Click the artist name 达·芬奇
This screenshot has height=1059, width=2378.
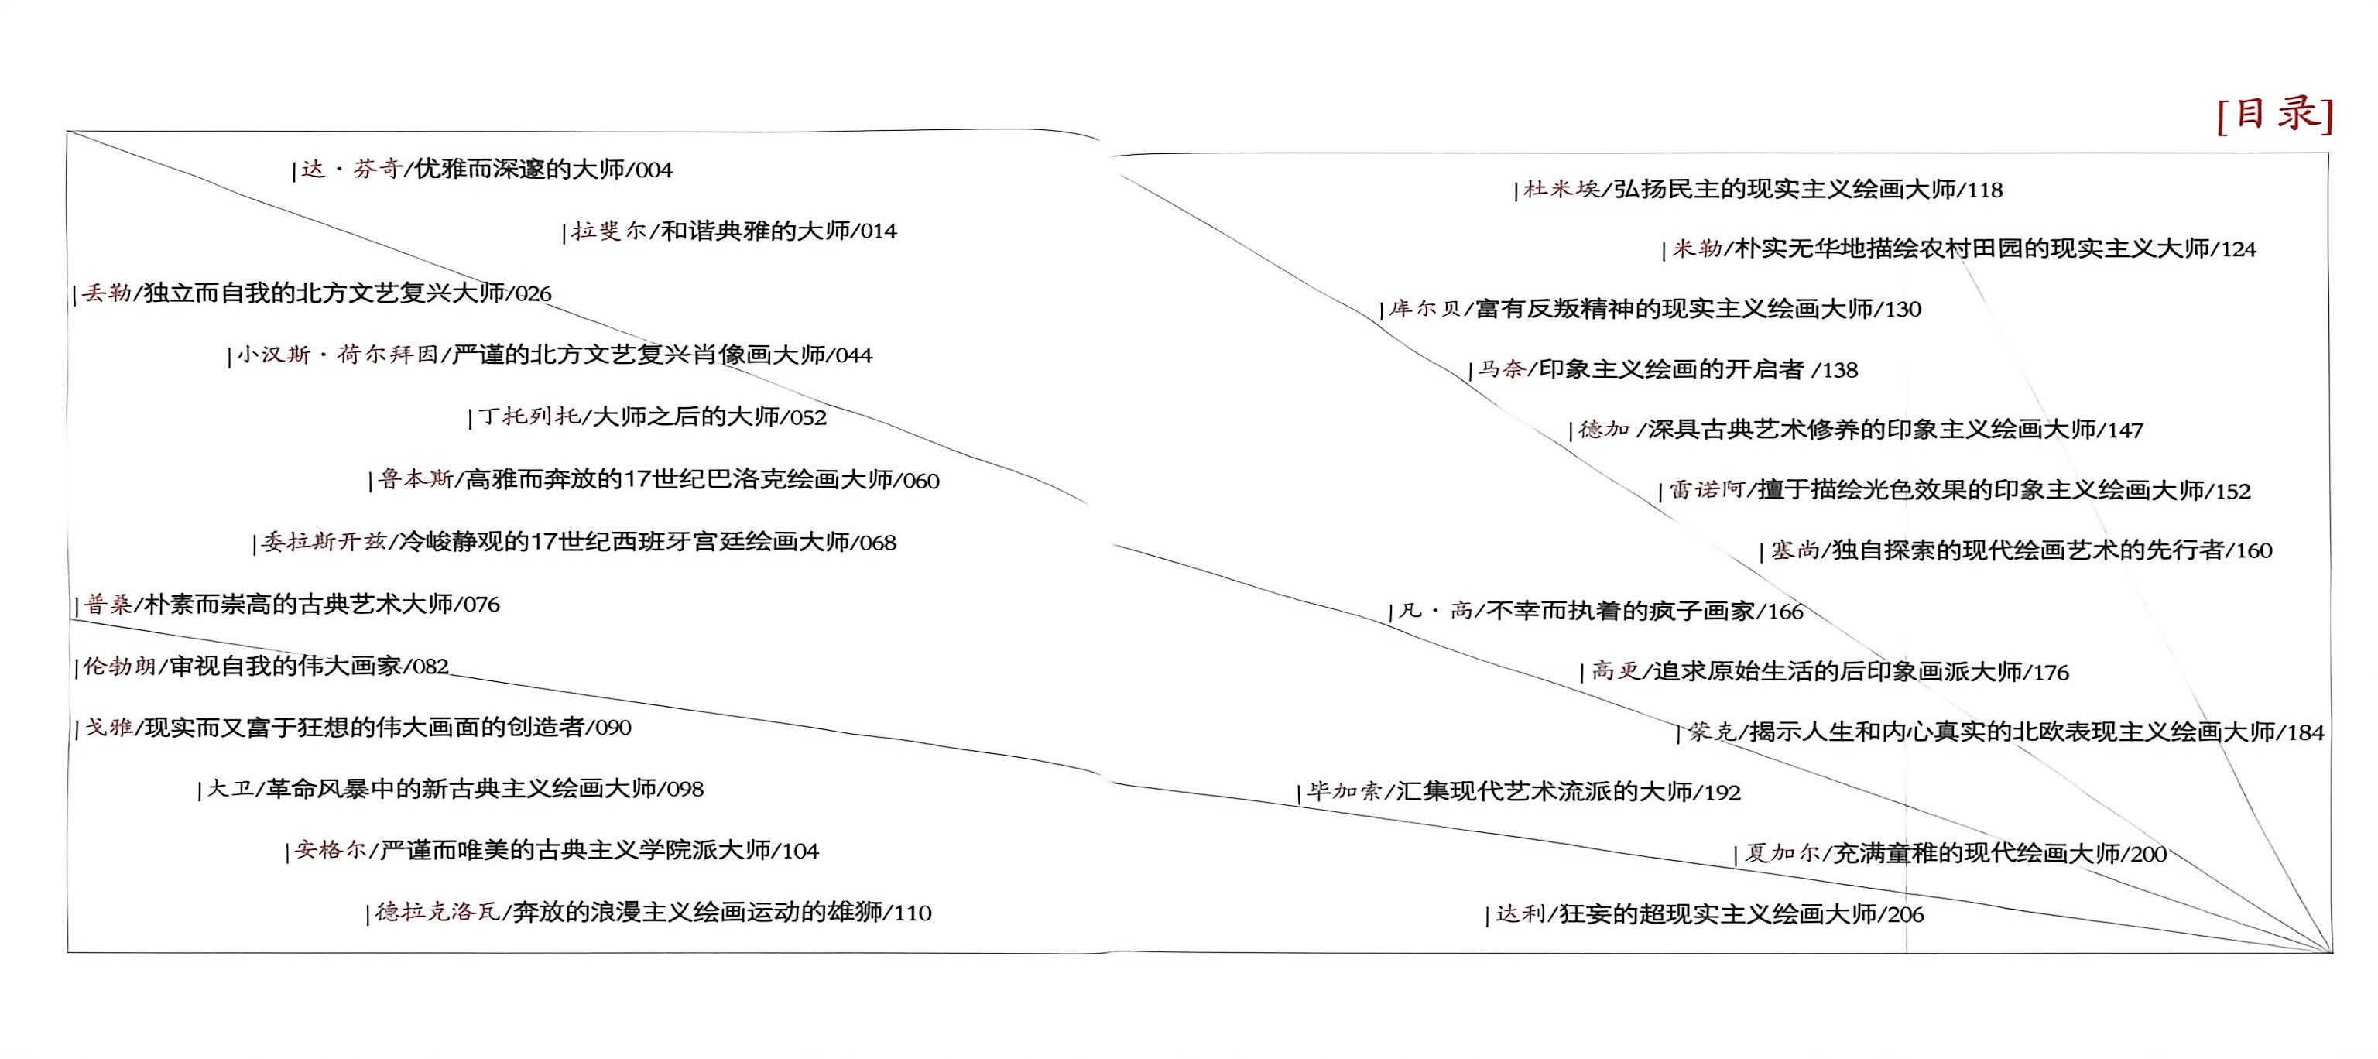(351, 169)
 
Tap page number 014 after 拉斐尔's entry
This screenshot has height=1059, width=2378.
(878, 231)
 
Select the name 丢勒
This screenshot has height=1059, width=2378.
(106, 293)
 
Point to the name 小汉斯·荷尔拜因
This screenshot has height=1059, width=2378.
(337, 355)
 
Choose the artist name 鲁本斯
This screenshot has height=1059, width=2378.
(416, 479)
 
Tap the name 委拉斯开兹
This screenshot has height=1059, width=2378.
(323, 542)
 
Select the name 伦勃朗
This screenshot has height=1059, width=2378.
(119, 666)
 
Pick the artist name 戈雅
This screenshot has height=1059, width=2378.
(109, 728)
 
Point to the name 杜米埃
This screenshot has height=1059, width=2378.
(1561, 189)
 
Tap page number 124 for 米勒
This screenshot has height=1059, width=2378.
(2238, 249)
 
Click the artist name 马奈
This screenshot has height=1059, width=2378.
(1501, 369)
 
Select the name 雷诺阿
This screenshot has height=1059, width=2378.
(1706, 489)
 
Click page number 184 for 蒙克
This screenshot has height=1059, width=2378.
(2305, 732)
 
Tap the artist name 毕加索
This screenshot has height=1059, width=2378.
(1344, 791)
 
